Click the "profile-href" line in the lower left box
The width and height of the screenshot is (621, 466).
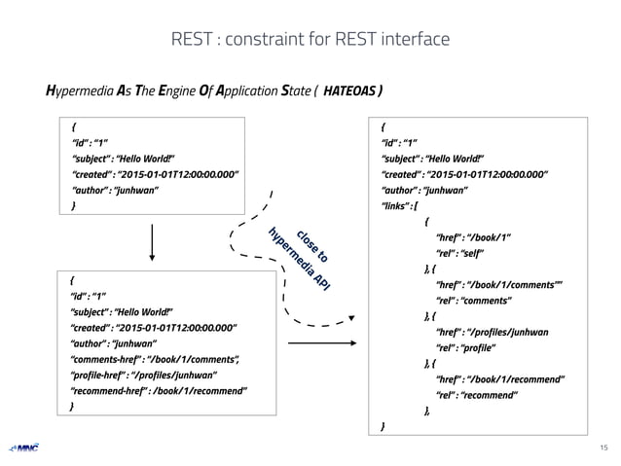coord(142,376)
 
